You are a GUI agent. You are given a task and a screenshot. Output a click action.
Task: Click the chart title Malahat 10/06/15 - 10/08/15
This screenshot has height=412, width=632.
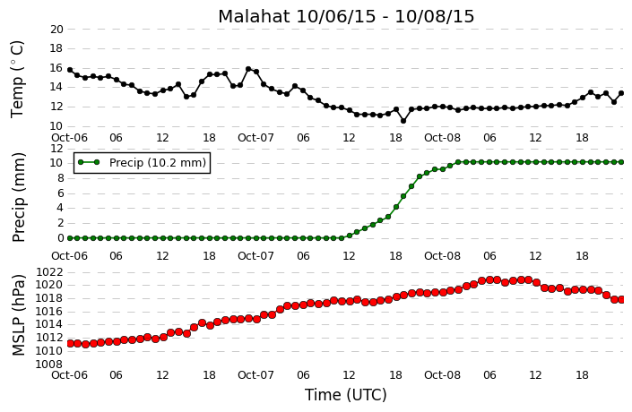(x=346, y=17)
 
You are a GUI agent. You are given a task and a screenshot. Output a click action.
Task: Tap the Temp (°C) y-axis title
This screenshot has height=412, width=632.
(x=17, y=79)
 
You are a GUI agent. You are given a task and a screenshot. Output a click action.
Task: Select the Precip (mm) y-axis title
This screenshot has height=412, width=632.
(x=18, y=197)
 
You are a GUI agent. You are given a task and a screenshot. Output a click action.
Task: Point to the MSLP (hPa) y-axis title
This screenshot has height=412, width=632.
(x=18, y=315)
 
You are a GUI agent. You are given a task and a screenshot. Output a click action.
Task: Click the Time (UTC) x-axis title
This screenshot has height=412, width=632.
(x=346, y=395)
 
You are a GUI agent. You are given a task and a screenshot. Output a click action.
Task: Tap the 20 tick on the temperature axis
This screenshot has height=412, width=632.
(x=56, y=29)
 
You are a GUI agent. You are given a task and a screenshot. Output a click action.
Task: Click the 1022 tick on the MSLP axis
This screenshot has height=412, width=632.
(x=49, y=272)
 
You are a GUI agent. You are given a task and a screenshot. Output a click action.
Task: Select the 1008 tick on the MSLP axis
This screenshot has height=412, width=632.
(x=49, y=364)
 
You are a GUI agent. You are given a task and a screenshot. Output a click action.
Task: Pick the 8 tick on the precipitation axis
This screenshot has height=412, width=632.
(x=60, y=178)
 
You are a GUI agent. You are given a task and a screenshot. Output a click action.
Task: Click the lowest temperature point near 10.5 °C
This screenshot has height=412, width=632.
(x=403, y=121)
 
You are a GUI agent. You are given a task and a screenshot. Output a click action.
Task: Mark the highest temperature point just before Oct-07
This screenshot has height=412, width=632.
(x=248, y=69)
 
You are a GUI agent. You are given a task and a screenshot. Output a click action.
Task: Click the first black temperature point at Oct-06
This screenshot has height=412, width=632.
(x=70, y=70)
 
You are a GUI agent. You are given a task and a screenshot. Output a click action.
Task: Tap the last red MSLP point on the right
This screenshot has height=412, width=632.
(x=621, y=300)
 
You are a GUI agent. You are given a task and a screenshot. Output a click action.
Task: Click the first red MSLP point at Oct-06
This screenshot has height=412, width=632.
(x=70, y=344)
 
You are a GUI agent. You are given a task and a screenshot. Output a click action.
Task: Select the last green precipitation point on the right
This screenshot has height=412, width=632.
(x=621, y=162)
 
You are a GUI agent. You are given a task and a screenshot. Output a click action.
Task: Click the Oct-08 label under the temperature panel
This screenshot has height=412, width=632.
(x=442, y=138)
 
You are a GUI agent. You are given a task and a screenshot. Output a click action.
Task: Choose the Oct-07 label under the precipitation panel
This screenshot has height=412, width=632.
(x=255, y=256)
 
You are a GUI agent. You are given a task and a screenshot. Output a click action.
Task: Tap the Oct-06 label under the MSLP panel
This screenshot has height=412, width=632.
(x=69, y=375)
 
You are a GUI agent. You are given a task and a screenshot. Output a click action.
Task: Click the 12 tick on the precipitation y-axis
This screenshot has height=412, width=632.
(x=56, y=148)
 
